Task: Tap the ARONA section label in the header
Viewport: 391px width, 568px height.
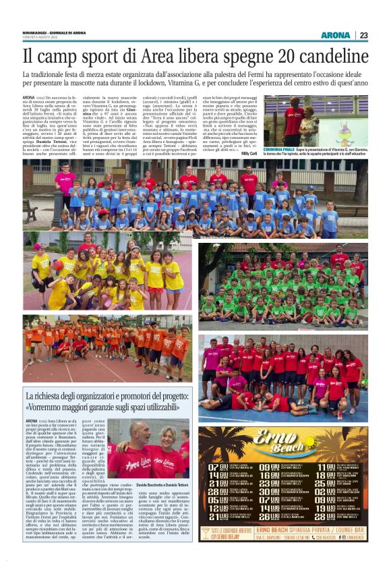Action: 335,35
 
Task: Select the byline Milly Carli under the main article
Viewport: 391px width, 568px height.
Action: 250,154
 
